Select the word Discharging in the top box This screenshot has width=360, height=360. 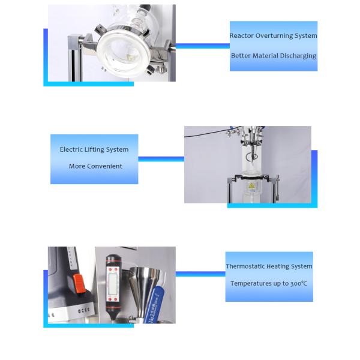[x=298, y=56]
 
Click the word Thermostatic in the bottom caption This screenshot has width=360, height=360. [x=244, y=266]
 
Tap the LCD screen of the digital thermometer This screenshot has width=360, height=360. [x=113, y=281]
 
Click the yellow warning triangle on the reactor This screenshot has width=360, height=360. [x=250, y=187]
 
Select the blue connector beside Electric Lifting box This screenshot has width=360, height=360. [x=161, y=159]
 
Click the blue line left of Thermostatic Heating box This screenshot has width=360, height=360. [x=200, y=274]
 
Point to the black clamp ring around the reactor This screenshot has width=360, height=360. [x=252, y=178]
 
